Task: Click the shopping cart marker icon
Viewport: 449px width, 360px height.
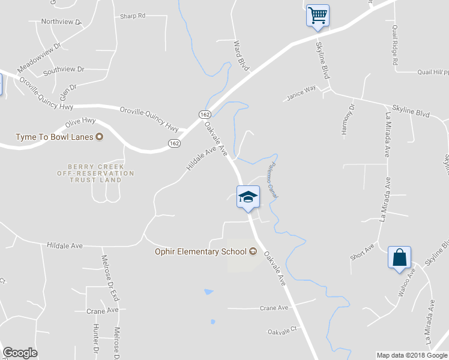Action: (x=318, y=15)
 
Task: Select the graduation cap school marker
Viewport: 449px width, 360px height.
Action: (x=247, y=197)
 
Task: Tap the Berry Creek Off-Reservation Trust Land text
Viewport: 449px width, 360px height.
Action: (x=101, y=173)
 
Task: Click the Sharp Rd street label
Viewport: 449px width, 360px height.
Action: (x=133, y=16)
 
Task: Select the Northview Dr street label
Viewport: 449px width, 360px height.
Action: (x=61, y=22)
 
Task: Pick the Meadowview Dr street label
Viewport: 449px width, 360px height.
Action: (x=40, y=55)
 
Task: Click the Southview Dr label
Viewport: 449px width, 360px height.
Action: (x=63, y=70)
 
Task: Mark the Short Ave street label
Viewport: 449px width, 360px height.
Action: (x=363, y=252)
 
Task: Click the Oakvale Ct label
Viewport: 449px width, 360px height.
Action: (x=282, y=331)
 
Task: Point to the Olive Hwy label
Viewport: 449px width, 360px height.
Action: (x=80, y=122)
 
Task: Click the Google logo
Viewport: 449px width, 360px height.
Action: (x=20, y=353)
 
